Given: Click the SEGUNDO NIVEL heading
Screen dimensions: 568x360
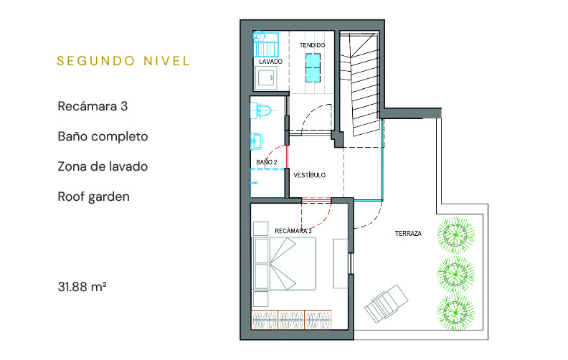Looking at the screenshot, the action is tap(123, 61).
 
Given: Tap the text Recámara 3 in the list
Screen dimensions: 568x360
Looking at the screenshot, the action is tap(93, 106).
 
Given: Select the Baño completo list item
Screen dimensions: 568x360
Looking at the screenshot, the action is tap(103, 136).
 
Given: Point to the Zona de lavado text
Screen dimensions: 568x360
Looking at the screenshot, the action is tap(103, 166).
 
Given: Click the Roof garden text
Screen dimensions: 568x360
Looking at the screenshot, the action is tap(93, 196).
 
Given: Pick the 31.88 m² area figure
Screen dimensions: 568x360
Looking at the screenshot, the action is tap(82, 286).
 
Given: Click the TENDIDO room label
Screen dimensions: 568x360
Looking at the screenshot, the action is tap(312, 45).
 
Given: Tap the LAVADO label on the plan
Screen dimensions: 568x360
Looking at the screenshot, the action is tap(270, 62).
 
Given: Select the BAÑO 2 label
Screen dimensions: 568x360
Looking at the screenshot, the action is tap(267, 162).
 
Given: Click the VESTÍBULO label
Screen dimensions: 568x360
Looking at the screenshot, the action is tap(310, 175).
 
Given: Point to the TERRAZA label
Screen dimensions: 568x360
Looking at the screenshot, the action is tap(408, 234).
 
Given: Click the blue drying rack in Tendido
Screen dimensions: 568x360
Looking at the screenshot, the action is tap(313, 67).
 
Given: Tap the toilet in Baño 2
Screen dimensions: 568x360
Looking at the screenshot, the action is tap(261, 110).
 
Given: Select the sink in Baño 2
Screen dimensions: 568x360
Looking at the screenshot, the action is tap(257, 141).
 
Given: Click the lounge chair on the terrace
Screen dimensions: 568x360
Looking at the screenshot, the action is tap(386, 303).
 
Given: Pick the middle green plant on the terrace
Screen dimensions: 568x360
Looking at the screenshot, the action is tap(455, 273).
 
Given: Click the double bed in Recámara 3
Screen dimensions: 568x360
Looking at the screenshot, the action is tap(285, 264).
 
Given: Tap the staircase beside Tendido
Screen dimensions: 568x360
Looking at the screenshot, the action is tap(360, 84).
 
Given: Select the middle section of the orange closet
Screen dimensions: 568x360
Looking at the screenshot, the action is tap(291, 320).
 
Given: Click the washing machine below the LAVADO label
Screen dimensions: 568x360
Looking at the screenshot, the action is tap(268, 78).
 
